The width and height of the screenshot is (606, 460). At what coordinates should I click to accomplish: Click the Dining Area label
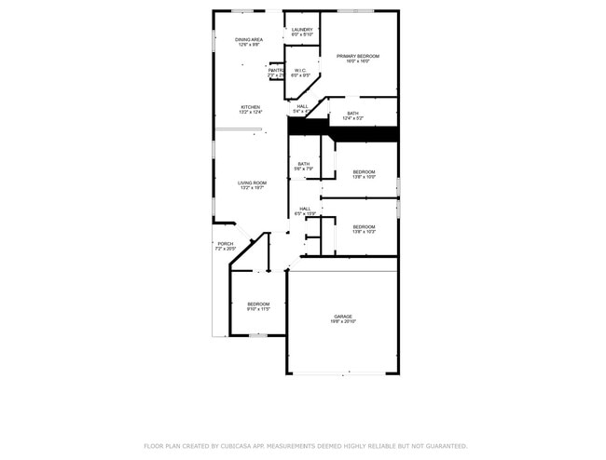[x=249, y=39]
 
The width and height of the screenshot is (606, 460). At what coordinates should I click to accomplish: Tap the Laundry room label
[x=301, y=30]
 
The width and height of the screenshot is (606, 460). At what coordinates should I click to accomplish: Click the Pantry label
[x=275, y=70]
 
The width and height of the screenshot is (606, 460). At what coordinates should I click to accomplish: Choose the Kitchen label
[x=250, y=107]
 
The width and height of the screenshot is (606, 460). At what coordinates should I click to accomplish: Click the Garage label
[x=343, y=317]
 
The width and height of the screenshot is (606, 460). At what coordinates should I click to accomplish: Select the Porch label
[x=226, y=244]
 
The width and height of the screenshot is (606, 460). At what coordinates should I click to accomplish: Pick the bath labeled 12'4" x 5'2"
[x=352, y=114]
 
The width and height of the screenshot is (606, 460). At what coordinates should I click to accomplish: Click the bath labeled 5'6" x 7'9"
[x=304, y=164]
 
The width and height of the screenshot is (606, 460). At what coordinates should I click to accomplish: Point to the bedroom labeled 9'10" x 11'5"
[x=258, y=304]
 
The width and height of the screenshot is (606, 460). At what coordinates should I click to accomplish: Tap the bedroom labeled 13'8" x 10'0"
[x=364, y=171]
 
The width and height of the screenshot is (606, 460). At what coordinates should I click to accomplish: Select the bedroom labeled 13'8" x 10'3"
[x=364, y=226]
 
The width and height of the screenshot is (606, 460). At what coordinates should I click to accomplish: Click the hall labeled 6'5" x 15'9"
[x=305, y=209]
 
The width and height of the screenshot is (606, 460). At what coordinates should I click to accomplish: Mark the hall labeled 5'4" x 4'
[x=302, y=106]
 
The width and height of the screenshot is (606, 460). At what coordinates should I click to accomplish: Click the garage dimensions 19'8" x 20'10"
[x=343, y=322]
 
